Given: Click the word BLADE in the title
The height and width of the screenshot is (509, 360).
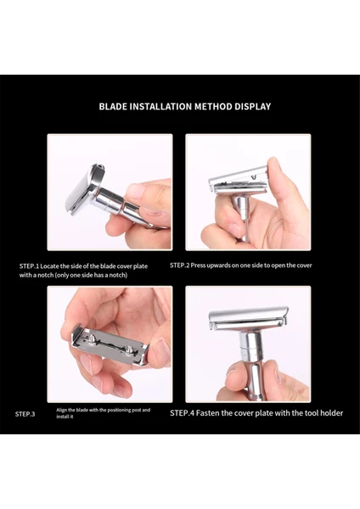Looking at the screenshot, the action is (113, 107).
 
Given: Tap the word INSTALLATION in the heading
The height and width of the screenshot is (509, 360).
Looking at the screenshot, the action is (160, 107).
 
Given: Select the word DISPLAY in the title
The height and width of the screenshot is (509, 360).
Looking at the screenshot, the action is (253, 107).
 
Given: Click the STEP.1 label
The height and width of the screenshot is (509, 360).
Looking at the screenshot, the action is (29, 266).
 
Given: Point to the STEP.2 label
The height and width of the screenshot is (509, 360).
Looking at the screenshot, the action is (179, 266).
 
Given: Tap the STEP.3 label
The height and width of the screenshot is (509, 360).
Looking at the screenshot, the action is (25, 414).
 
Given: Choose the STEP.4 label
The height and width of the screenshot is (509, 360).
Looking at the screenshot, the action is (183, 413).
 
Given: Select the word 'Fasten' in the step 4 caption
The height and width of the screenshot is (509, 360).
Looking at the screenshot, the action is (208, 413).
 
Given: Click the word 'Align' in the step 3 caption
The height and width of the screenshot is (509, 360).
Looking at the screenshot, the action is (61, 410).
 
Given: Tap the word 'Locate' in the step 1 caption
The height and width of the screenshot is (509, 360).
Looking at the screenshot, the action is (49, 266).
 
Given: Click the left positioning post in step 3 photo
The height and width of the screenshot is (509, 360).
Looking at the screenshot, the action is (93, 340).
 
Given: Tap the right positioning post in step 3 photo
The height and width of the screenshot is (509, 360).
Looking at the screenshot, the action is (130, 350).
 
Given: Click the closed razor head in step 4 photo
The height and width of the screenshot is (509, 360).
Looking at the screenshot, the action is (248, 319).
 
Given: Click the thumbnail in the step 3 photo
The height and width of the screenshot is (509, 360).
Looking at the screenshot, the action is (162, 349).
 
